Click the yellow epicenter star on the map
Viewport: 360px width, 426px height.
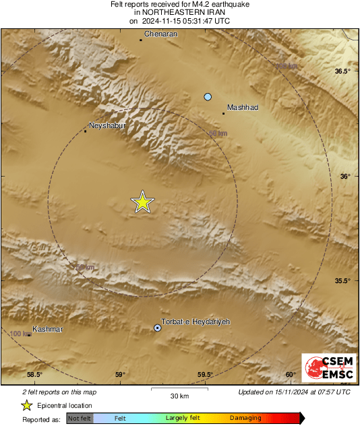coord(142,202)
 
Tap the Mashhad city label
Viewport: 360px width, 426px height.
coord(243,107)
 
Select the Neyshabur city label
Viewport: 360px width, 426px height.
coord(108,125)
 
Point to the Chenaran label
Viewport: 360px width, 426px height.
coord(160,34)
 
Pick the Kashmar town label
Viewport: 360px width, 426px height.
coord(47,329)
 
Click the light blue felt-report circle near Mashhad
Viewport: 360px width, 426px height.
coord(208,97)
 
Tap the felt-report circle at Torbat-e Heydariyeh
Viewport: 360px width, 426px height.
coord(158,328)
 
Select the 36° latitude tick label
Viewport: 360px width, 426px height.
coord(345,177)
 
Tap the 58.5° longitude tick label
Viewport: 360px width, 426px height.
coord(34,375)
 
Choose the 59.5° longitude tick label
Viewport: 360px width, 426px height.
coord(206,375)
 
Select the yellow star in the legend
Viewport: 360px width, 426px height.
coord(26,405)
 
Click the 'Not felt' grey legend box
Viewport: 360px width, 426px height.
coord(80,419)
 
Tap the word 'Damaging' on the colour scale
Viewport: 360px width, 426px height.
coord(245,419)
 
